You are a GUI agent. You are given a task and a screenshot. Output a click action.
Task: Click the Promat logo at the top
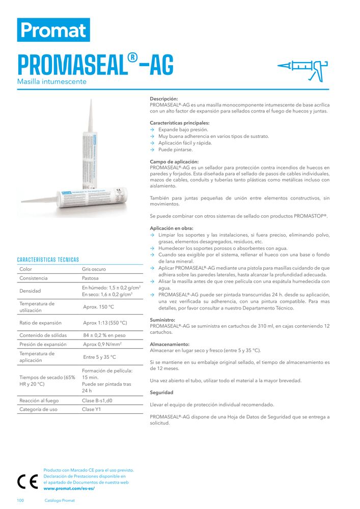(x=53, y=30)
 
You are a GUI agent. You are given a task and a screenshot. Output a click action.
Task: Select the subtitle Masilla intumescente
(x=52, y=81)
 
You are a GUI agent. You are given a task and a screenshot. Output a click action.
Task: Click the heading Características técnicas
(x=48, y=260)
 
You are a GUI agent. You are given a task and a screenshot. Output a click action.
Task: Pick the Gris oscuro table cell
(x=94, y=269)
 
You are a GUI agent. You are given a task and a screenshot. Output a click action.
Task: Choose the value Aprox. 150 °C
(x=98, y=307)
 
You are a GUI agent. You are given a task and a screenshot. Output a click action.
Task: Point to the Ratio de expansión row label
(x=40, y=323)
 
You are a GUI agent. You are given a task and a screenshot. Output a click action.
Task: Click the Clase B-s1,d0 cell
(x=97, y=401)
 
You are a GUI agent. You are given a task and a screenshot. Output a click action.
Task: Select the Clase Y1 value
(x=92, y=409)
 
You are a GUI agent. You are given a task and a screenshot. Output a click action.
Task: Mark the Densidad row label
(x=30, y=291)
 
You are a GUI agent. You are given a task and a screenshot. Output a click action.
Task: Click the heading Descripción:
(x=164, y=99)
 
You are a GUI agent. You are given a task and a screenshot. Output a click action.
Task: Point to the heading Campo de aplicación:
(x=174, y=161)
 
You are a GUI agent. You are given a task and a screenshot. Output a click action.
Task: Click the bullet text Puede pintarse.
(x=176, y=150)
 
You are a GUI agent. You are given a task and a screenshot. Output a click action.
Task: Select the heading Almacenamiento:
(x=170, y=344)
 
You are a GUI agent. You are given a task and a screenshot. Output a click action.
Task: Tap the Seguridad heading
(x=161, y=392)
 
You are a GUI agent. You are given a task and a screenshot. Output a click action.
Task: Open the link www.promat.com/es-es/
(x=69, y=488)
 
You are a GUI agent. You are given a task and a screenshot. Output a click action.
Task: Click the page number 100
(x=21, y=500)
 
